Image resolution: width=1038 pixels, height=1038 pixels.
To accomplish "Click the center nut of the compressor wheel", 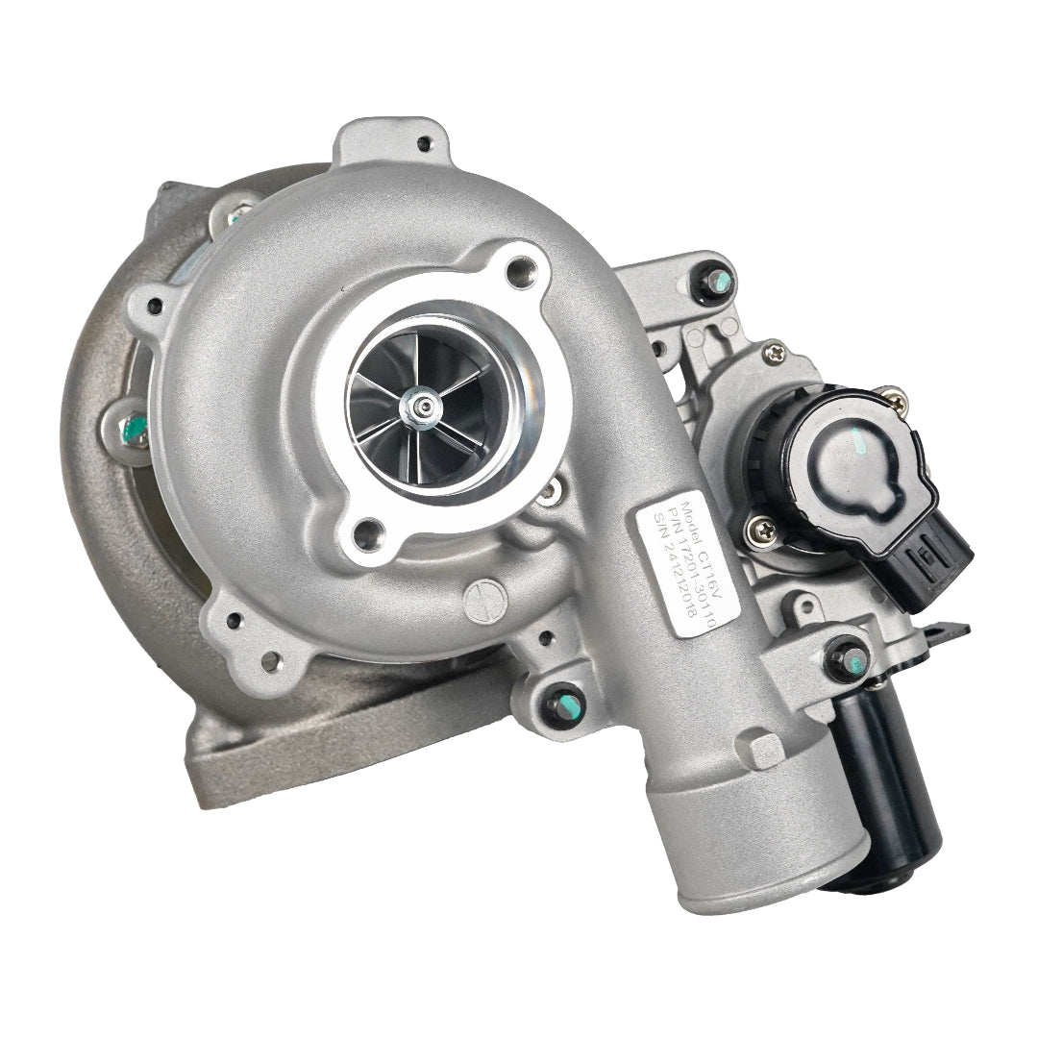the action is (422, 406).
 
